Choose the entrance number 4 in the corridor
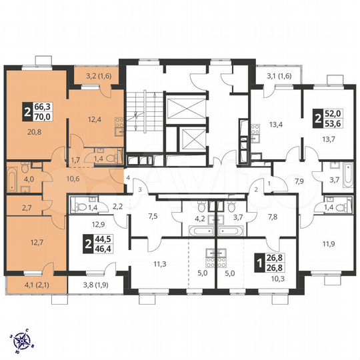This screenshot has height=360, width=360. click(127, 178)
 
